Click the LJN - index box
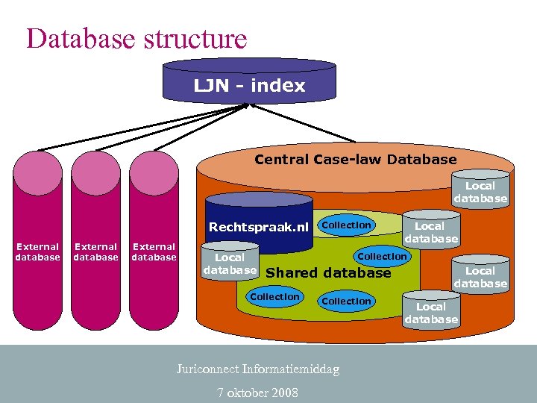[249, 86]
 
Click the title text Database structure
[136, 38]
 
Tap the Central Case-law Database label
[355, 159]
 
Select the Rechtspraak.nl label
[259, 227]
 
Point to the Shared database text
[328, 273]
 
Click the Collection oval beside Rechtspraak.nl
[346, 225]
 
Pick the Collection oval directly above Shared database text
[383, 256]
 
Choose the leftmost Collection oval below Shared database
[274, 297]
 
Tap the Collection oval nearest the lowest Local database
[346, 301]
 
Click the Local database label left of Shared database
[230, 263]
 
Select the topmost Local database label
[480, 192]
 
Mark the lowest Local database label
[431, 313]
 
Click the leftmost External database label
[37, 252]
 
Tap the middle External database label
[95, 252]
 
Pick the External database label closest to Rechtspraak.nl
[154, 252]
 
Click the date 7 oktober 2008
[258, 392]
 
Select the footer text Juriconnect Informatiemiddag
[258, 369]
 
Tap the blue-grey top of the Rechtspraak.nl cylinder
[259, 199]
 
